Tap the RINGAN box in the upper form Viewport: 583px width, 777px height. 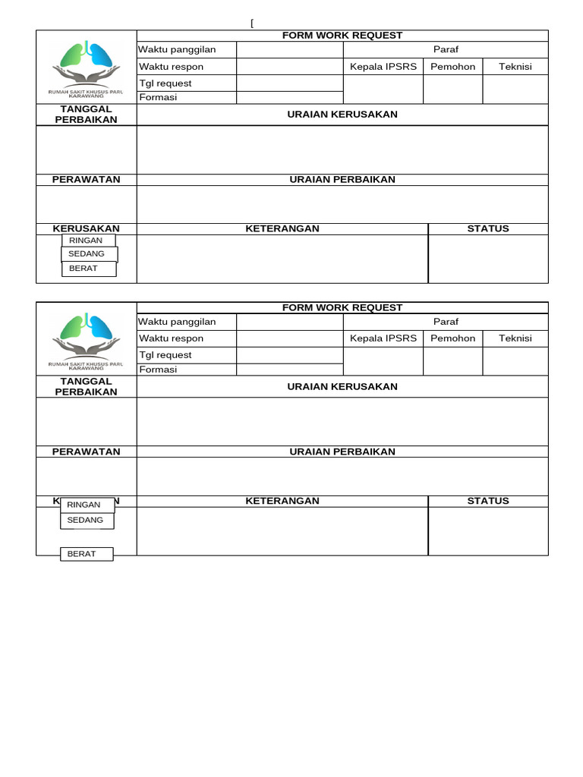click(86, 241)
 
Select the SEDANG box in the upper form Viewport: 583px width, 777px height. click(88, 254)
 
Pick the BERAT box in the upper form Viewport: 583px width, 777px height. click(88, 269)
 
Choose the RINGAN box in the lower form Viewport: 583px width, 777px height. click(87, 505)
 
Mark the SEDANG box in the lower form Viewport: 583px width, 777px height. click(87, 520)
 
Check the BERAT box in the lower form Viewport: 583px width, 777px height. click(86, 554)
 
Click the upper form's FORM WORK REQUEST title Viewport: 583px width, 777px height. click(342, 36)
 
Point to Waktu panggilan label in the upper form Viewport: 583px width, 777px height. click(177, 49)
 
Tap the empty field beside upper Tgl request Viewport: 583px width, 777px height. click(290, 83)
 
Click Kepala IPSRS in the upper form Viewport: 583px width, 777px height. click(383, 67)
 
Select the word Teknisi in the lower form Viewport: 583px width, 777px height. click(515, 338)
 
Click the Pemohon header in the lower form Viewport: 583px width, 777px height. click(453, 338)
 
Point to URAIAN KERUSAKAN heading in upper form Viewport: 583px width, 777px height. click(342, 115)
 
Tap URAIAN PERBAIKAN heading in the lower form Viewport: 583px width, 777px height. click(342, 451)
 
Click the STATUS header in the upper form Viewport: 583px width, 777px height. click(488, 228)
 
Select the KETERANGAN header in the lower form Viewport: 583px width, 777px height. click(282, 501)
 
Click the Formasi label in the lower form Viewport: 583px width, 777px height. click(157, 370)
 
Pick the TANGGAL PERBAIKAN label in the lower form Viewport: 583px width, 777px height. click(86, 386)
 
